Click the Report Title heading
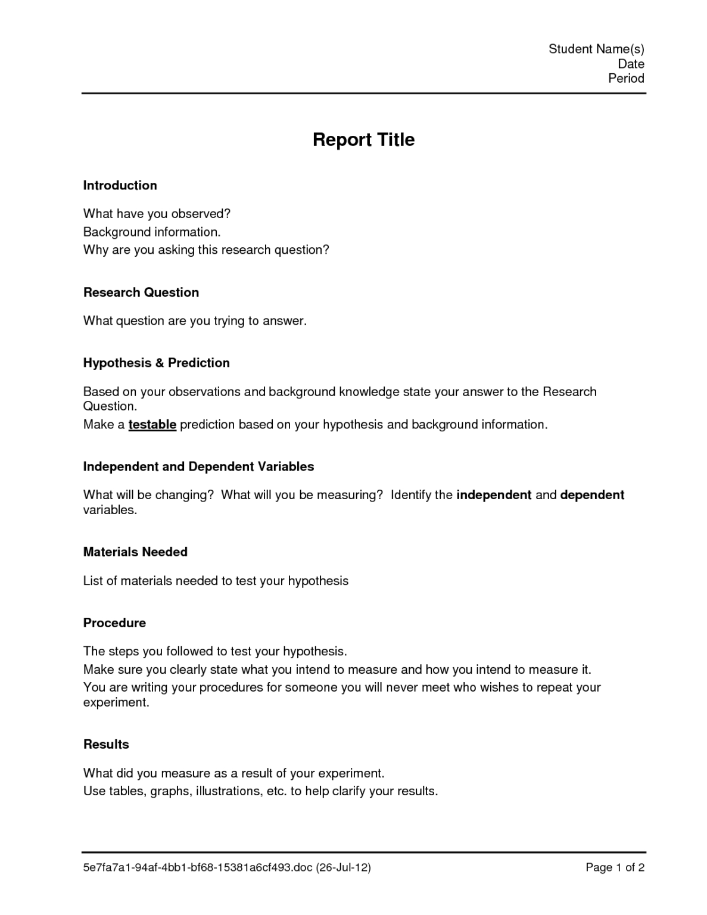click(x=363, y=139)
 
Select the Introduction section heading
click(x=120, y=185)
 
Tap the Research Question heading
click(x=141, y=292)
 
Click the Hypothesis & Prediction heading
click(x=156, y=363)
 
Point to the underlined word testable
click(x=152, y=425)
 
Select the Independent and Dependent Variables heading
click(x=198, y=466)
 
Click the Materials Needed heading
click(x=135, y=552)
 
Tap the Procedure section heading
click(x=114, y=623)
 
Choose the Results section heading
click(x=106, y=745)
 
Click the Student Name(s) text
click(x=596, y=49)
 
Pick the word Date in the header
click(x=631, y=64)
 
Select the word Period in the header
click(x=626, y=78)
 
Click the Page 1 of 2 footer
click(x=615, y=867)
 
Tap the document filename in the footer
click(x=227, y=867)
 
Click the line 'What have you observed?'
click(x=157, y=213)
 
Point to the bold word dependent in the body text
click(x=592, y=495)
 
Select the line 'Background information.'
click(x=152, y=232)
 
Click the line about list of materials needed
click(x=216, y=581)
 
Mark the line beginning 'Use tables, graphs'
click(x=260, y=791)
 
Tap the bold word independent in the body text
click(x=494, y=495)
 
